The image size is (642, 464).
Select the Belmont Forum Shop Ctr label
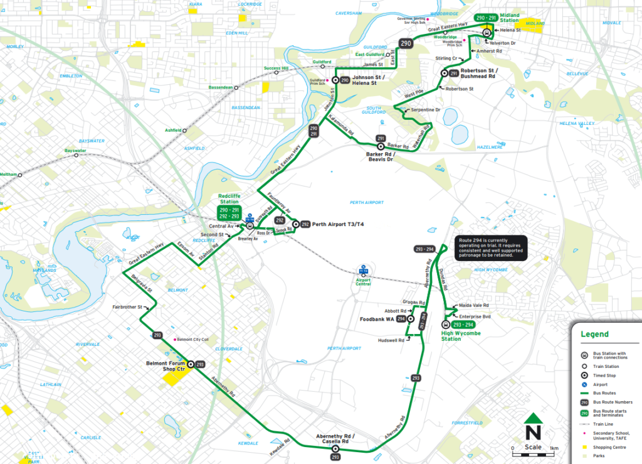166,365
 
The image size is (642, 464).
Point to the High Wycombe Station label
460,336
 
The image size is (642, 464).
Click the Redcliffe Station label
229,198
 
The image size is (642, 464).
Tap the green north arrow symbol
534,420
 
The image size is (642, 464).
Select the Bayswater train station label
75,151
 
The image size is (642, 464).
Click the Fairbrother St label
127,308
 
